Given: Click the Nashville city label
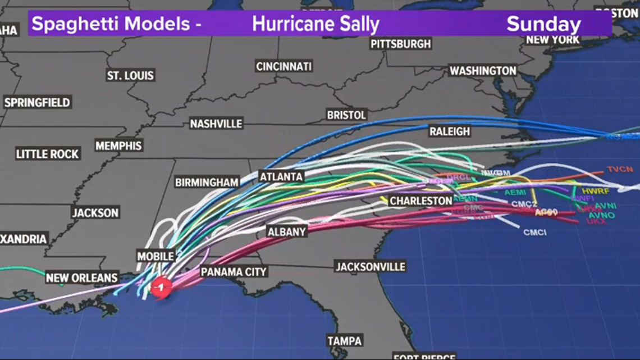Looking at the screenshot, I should point(216,124).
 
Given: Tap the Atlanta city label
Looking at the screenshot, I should point(281,176).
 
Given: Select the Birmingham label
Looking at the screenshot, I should point(207,183).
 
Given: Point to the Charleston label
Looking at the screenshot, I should point(420,200).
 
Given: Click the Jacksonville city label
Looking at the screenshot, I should point(370,266).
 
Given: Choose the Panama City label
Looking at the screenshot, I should point(234,272).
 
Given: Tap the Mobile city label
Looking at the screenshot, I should point(156,256).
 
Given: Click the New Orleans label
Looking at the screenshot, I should point(81,277).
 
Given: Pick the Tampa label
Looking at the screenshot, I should point(345,341).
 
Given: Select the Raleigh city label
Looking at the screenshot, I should point(449,131).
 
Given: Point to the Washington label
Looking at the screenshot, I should point(482,71).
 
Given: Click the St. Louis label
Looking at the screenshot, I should point(130,75).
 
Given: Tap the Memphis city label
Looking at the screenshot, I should point(118,146).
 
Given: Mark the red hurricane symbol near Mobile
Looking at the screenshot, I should point(161,287).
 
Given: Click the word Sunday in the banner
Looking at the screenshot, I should point(543,24).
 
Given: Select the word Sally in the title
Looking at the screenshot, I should point(358,24).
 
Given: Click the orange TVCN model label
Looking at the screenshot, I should point(620,170).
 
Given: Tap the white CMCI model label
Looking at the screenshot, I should point(534,232).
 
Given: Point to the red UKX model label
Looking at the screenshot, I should point(592,222).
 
